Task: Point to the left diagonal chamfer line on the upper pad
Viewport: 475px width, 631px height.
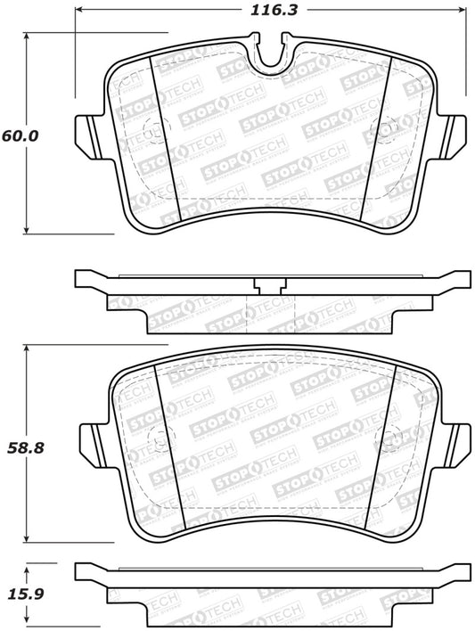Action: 168,143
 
